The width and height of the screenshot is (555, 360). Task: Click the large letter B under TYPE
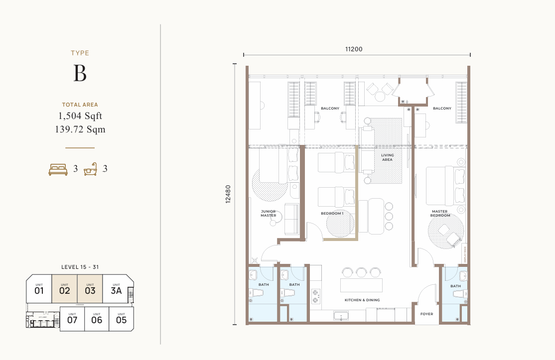pos(80,73)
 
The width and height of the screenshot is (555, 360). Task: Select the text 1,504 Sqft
pos(80,117)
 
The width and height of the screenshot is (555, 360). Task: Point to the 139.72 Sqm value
pos(80,129)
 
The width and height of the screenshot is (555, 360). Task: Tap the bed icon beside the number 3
pos(58,169)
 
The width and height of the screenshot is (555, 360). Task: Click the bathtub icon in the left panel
pos(90,169)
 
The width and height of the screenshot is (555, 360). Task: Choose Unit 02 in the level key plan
pos(64,289)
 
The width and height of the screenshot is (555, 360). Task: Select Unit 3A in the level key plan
pos(116,289)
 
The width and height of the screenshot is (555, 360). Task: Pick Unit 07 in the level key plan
pos(72,319)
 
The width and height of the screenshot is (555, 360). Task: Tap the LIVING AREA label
pos(388,157)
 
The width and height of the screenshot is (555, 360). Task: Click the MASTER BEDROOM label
pos(440,213)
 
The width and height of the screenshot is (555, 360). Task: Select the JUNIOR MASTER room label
pos(268,213)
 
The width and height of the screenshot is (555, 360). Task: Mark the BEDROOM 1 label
pos(332,213)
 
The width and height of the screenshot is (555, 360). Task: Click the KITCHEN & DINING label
pos(362,300)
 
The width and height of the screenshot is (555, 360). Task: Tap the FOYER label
pos(426,314)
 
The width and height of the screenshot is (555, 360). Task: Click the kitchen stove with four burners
pos(315,296)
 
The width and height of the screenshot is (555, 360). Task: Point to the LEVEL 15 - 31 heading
pos(80,267)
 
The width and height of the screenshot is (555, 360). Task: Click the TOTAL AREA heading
pos(80,105)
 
